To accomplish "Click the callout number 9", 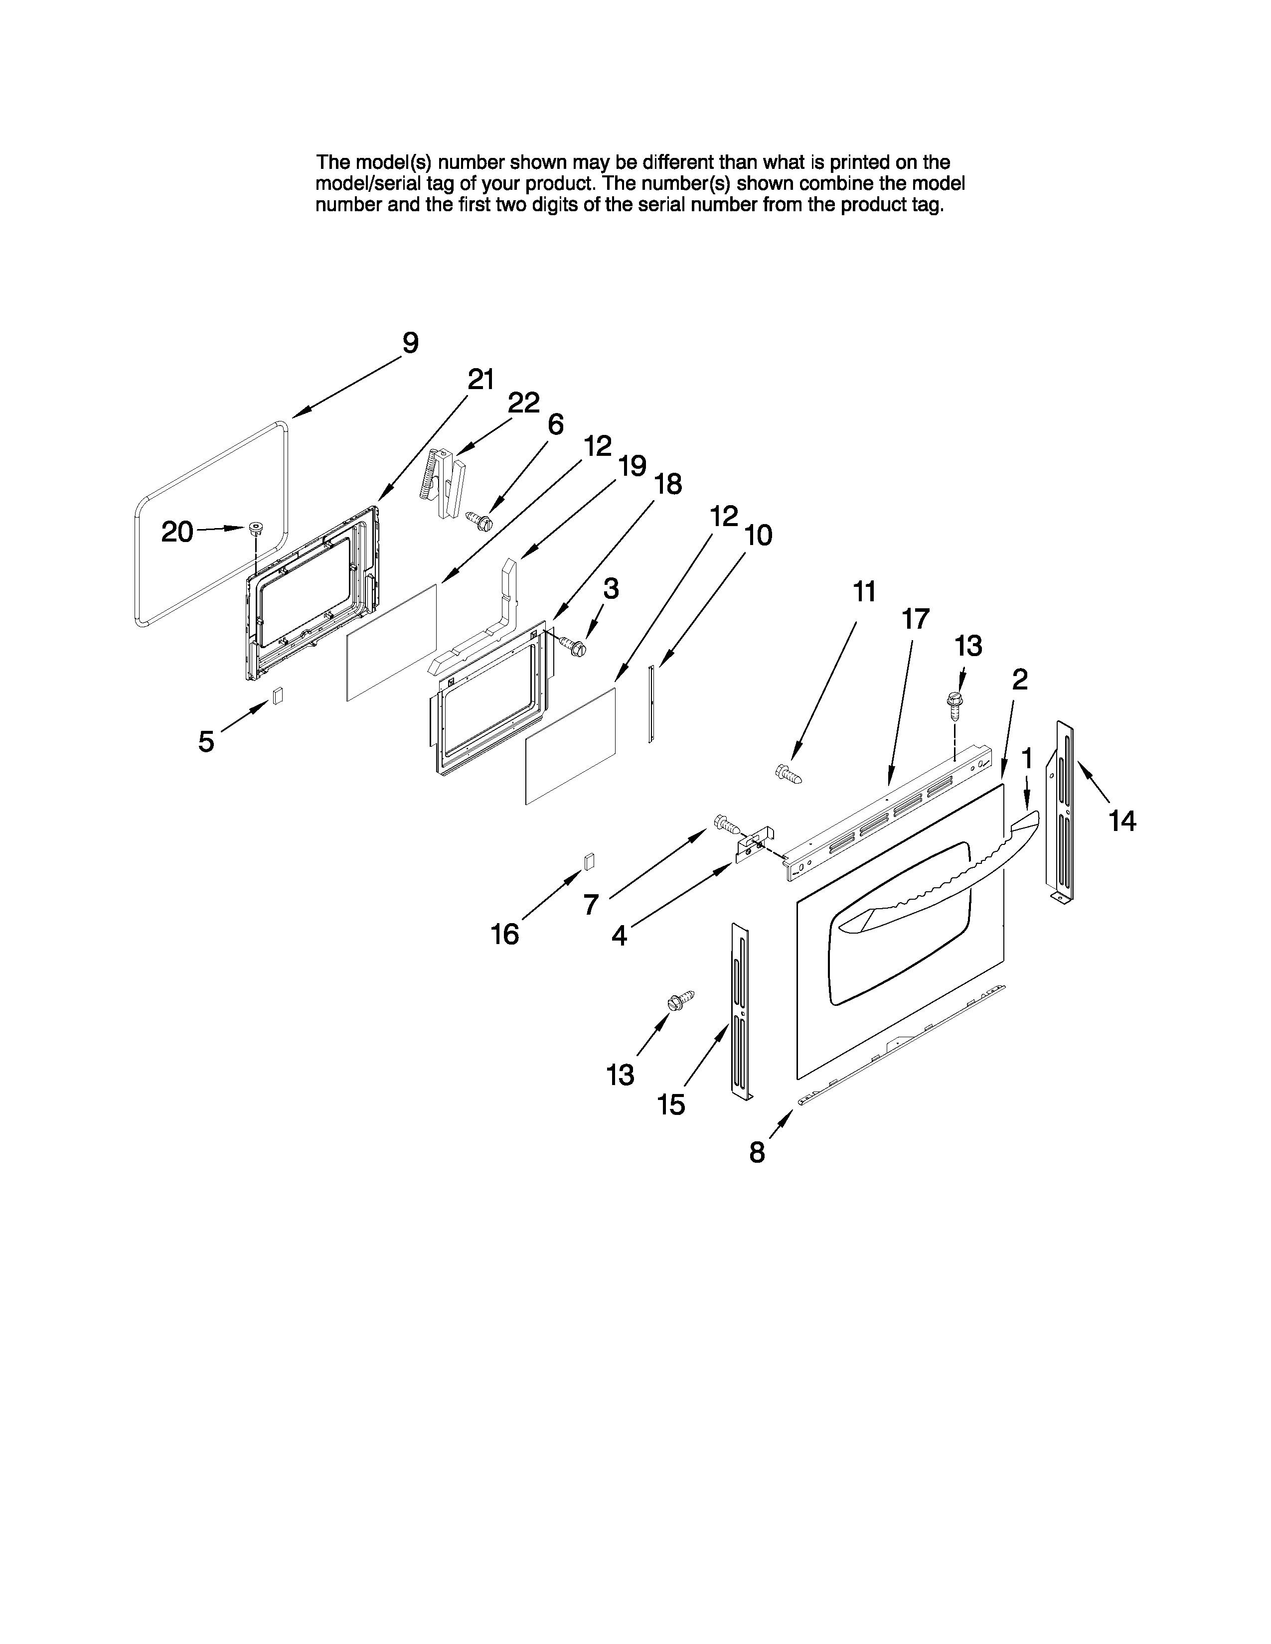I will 410,343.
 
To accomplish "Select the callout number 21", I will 480,380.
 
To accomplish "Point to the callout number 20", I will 178,532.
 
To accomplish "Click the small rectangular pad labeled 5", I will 278,695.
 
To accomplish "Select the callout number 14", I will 1122,821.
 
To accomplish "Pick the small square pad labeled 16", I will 589,861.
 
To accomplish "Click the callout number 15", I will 671,1105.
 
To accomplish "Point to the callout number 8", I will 757,1152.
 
